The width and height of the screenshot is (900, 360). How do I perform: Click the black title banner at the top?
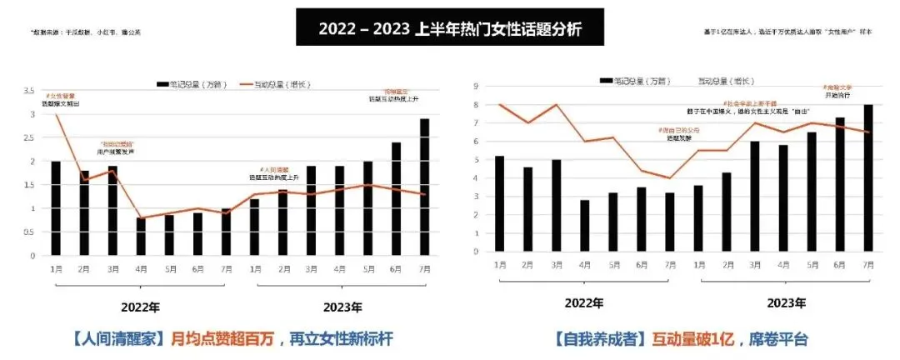tap(450, 29)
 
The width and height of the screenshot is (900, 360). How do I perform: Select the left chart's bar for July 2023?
tap(424, 187)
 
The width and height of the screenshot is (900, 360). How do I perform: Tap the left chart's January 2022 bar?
tap(56, 208)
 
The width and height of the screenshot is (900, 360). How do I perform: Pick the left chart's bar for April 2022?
tap(141, 236)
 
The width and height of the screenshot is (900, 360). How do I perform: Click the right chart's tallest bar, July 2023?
tap(868, 178)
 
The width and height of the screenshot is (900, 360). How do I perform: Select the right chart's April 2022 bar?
tap(585, 226)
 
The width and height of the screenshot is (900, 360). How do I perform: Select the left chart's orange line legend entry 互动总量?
tap(267, 84)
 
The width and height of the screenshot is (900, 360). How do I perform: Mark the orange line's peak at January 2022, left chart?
tap(56, 113)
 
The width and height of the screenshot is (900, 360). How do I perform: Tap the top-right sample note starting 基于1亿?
tap(787, 32)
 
